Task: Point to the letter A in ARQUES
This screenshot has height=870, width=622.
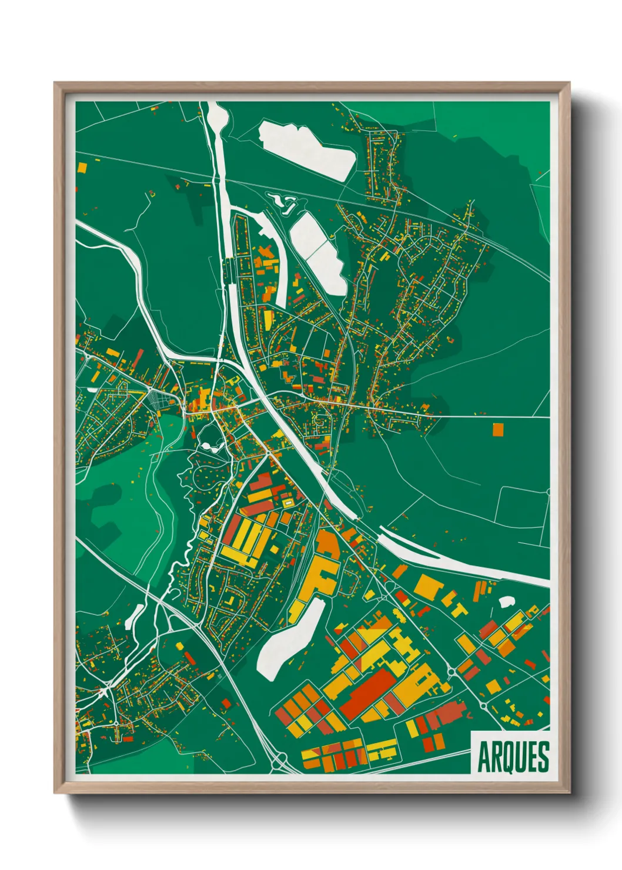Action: pyautogui.click(x=484, y=757)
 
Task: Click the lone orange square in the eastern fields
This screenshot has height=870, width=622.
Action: pyautogui.click(x=498, y=429)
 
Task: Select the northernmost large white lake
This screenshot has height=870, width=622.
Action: pyautogui.click(x=307, y=148)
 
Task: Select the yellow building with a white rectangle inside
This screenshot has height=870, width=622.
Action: pyautogui.click(x=287, y=503)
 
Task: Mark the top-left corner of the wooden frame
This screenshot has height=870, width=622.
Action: pyautogui.click(x=55, y=83)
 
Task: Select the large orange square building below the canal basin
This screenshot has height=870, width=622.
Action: pyautogui.click(x=429, y=586)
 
